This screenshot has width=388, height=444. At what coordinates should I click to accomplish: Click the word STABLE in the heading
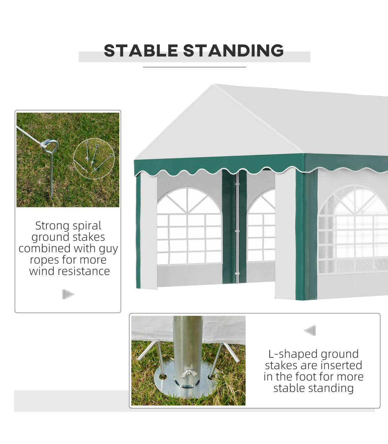pyautogui.click(x=141, y=50)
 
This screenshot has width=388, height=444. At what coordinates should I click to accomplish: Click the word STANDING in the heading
pyautogui.click(x=233, y=50)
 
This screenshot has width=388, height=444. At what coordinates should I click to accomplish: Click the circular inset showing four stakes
pyautogui.click(x=94, y=159)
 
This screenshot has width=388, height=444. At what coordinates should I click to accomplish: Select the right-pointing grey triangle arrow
pyautogui.click(x=68, y=294)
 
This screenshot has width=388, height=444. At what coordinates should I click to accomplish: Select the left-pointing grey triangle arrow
pyautogui.click(x=310, y=331)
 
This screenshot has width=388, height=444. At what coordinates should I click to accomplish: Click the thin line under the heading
pyautogui.click(x=194, y=67)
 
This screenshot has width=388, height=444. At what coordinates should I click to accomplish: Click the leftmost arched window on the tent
pyautogui.click(x=189, y=225)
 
